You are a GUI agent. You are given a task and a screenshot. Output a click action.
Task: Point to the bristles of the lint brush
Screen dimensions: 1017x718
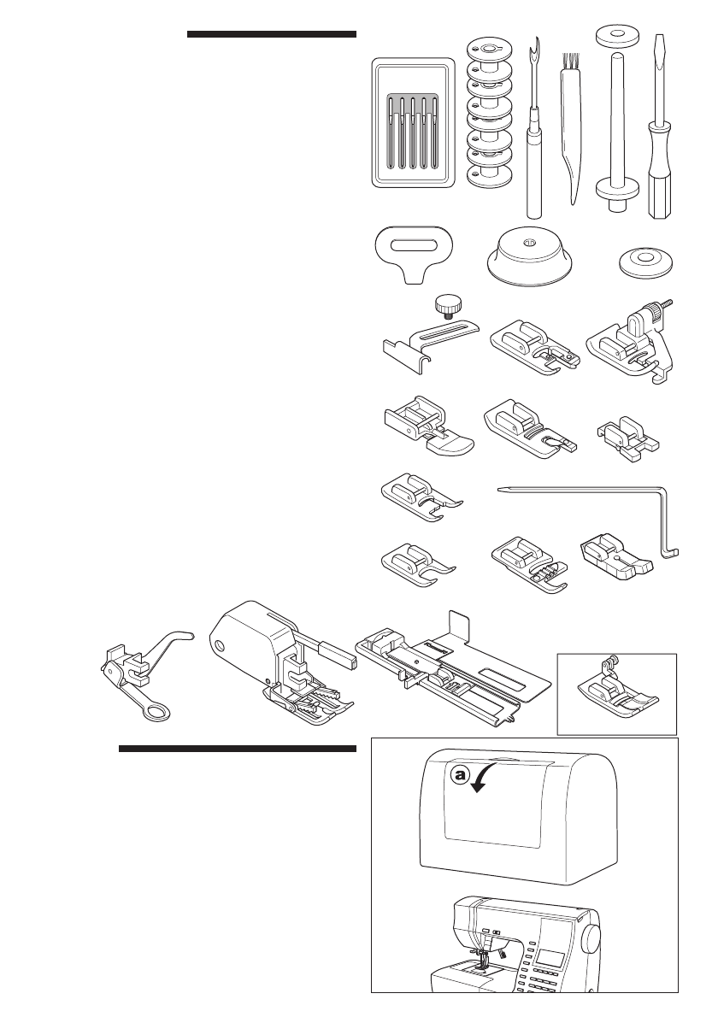(x=566, y=62)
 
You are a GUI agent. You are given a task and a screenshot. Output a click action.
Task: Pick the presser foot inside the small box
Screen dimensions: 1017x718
(x=615, y=692)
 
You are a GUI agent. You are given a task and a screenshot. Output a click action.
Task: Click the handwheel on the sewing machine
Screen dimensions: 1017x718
(x=590, y=940)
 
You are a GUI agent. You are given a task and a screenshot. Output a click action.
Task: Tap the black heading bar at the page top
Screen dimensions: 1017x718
(x=270, y=35)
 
